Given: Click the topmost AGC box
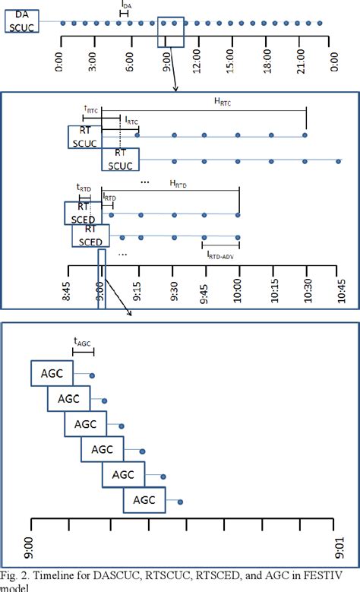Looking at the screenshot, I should click(52, 374).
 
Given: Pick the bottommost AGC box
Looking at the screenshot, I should click(144, 500).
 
